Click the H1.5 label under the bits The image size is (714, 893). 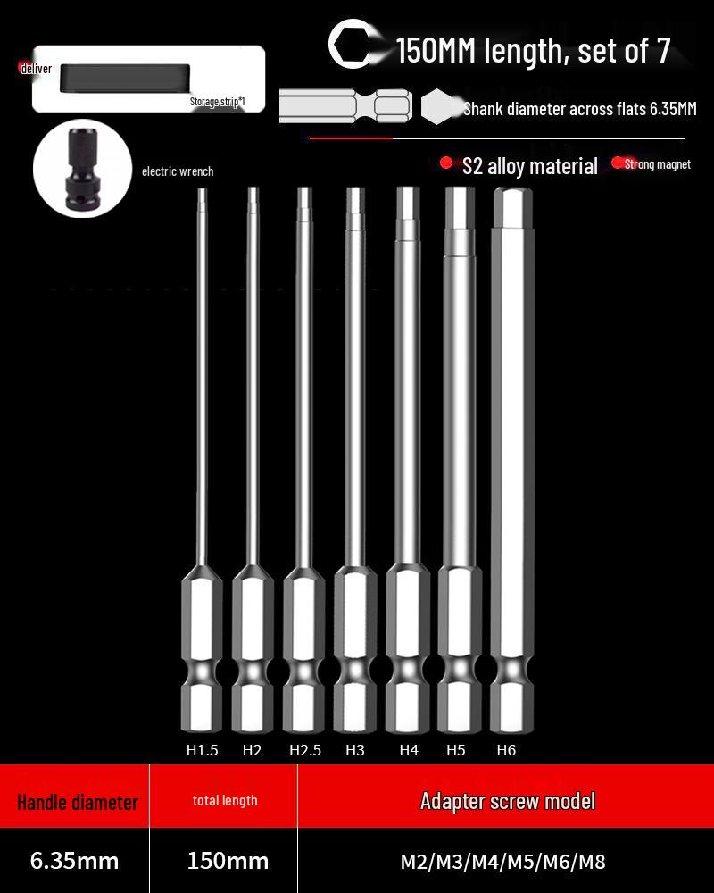click(x=202, y=750)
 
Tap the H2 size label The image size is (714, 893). click(x=253, y=750)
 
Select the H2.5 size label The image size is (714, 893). click(x=305, y=750)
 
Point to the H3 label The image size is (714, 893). click(x=355, y=750)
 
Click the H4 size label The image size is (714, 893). click(x=409, y=750)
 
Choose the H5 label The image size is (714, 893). click(x=456, y=750)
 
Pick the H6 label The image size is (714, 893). click(x=506, y=750)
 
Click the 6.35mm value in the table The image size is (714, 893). click(x=74, y=861)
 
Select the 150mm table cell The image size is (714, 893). click(x=228, y=861)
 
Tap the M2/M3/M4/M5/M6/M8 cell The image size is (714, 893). click(x=502, y=862)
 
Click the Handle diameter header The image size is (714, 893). click(x=78, y=802)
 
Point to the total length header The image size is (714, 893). click(x=225, y=801)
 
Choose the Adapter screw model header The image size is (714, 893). click(x=507, y=801)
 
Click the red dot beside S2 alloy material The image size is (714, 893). click(x=446, y=163)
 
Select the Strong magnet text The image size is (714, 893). click(x=658, y=164)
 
